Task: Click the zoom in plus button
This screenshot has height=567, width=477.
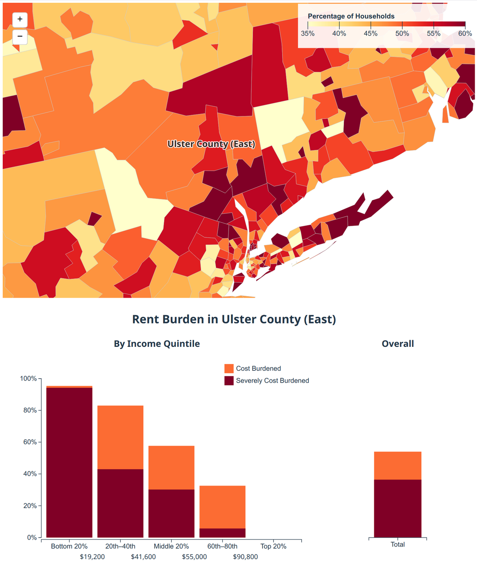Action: click(20, 19)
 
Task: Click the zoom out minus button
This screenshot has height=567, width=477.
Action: click(20, 37)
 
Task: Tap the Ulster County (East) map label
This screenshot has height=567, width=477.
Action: click(211, 144)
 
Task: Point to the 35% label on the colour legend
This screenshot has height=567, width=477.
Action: click(308, 34)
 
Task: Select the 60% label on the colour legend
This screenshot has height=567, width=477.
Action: click(465, 34)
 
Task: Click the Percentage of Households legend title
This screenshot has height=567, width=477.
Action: click(351, 16)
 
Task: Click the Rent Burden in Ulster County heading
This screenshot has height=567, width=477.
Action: click(234, 319)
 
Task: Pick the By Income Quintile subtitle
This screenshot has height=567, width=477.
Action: click(157, 344)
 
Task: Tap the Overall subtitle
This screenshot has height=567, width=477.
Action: click(397, 344)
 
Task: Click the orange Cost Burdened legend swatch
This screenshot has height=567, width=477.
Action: click(229, 368)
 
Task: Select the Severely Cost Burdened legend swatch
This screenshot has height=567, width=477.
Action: click(229, 381)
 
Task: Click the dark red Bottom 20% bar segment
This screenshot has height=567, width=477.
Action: click(70, 461)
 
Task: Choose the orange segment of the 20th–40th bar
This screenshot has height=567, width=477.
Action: click(120, 437)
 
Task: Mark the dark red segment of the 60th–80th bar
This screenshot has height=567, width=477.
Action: click(222, 533)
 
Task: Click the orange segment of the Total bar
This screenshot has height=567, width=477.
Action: click(397, 465)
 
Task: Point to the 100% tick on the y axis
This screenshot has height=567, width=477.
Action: click(28, 379)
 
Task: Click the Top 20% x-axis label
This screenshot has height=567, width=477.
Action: click(273, 546)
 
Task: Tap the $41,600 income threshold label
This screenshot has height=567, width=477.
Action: click(143, 557)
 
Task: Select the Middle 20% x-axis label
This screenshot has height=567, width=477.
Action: click(171, 546)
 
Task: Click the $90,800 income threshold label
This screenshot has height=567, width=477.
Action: click(245, 557)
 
